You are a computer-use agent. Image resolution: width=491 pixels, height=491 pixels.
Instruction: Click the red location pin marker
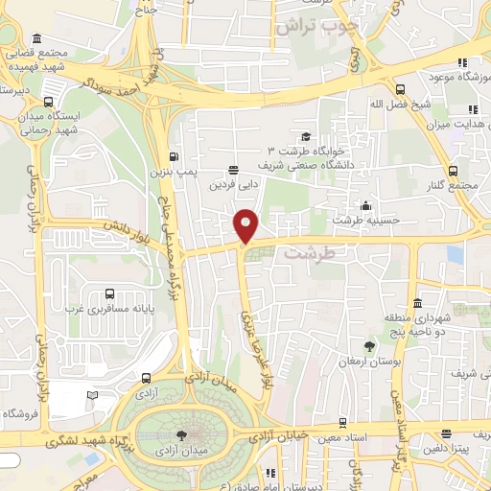[x=246, y=224]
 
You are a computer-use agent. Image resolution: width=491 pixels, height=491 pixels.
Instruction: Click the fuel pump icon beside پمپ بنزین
[x=174, y=157]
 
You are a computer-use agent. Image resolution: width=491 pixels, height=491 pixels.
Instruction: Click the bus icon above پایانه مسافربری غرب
[x=110, y=294]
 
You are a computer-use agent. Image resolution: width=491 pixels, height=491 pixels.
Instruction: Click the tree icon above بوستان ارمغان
[x=369, y=345]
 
